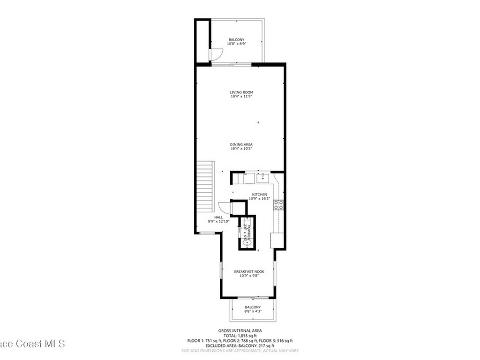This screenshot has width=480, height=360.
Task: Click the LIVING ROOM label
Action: click(241, 92)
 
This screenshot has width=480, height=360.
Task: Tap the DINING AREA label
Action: click(241, 144)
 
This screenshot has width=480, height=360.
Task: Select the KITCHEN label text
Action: click(259, 195)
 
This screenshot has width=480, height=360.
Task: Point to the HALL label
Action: click(218, 217)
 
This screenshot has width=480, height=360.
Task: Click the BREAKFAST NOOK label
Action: click(249, 271)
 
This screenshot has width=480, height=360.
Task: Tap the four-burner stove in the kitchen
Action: click(278, 204)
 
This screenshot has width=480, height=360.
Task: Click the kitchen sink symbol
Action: click(263, 177)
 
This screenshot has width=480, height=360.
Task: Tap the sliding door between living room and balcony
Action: click(237, 64)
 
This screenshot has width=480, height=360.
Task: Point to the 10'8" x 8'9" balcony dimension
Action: click(237, 44)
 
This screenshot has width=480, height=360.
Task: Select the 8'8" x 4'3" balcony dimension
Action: click(253, 311)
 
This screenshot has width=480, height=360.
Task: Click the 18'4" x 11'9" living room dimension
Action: click(241, 97)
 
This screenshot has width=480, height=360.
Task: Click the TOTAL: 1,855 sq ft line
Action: click(240, 336)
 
